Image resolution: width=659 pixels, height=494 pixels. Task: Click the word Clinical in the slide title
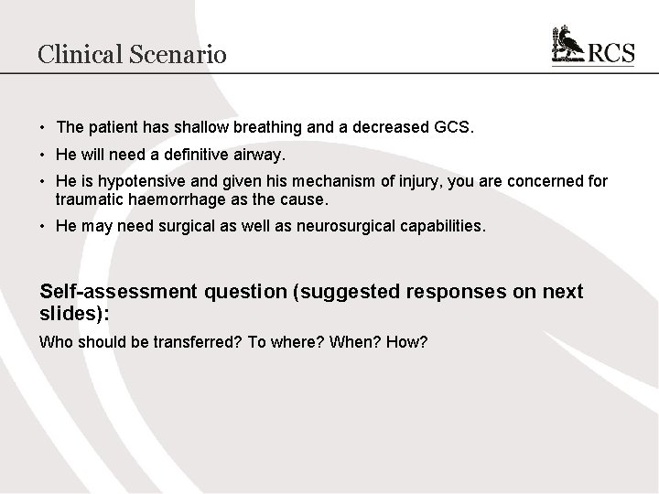pos(79,54)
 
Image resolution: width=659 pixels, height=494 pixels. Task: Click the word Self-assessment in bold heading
pos(118,292)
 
